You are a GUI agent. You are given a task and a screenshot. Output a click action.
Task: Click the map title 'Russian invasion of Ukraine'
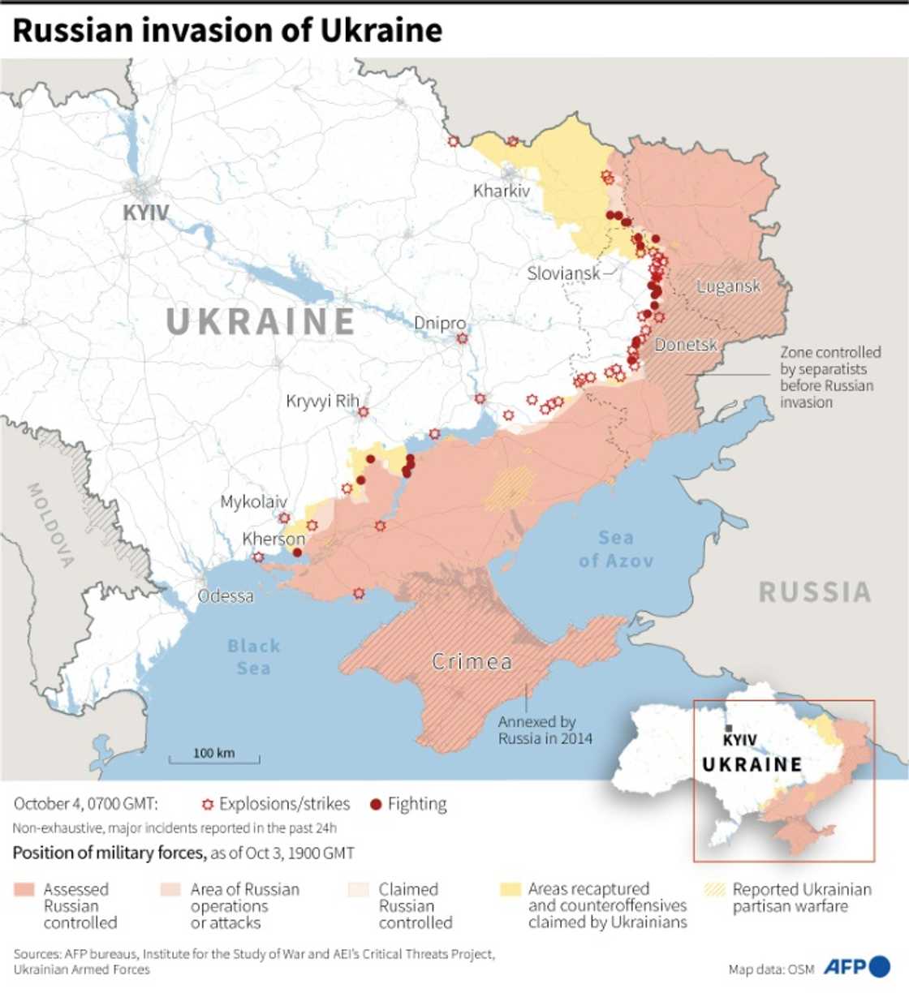pos(228,31)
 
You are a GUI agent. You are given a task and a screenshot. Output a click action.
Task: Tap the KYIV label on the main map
pos(146,213)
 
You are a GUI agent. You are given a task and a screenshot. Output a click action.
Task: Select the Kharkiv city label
pos(502,191)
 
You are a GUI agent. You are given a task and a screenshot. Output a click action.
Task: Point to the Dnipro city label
pos(440,323)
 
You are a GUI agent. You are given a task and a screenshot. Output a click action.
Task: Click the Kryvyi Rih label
pos(322,401)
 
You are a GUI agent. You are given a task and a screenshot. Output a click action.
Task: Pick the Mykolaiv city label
pos(253,501)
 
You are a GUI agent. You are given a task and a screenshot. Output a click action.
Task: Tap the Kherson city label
pos(274,539)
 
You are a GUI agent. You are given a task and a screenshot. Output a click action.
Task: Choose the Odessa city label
pos(226,596)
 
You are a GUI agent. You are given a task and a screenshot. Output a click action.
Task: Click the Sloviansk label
pos(563,273)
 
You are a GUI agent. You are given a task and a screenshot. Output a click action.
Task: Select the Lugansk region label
pos(728,286)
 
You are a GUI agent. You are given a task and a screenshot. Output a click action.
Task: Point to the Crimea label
pos(472,662)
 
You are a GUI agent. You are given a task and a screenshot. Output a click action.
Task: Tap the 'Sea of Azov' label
pos(615,549)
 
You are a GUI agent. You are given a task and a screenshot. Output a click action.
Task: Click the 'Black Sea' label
pos(253,657)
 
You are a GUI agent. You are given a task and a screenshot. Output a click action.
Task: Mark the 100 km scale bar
pos(214,759)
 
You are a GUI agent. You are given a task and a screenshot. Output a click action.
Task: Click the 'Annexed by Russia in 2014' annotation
pos(545,730)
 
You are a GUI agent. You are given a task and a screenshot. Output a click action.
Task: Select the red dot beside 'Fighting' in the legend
pos(375,805)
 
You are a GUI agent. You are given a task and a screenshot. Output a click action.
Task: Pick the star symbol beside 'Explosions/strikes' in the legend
pos(208,805)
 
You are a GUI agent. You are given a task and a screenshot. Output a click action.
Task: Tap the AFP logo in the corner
pos(857,967)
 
